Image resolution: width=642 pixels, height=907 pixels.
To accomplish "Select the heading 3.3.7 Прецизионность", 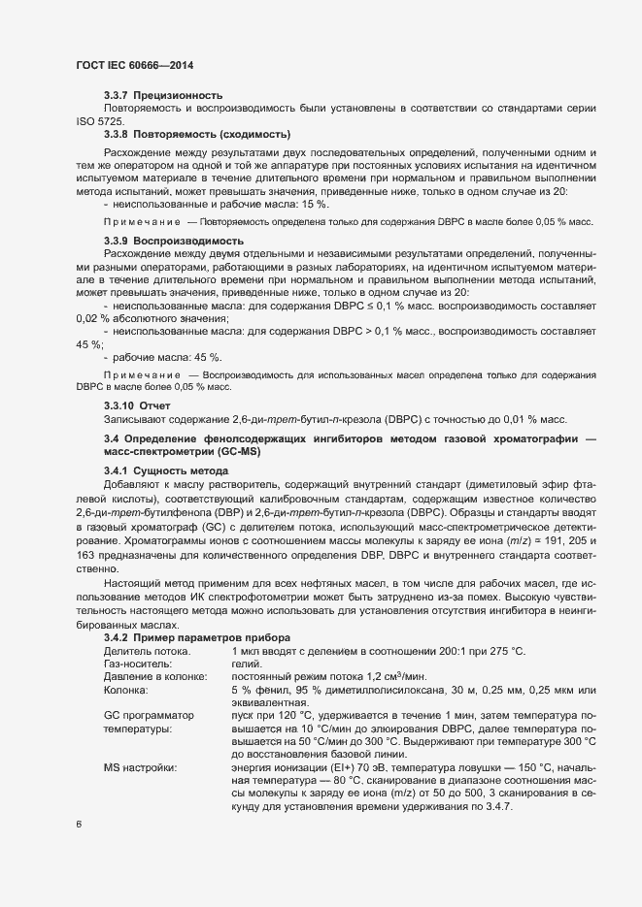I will pos(163,95).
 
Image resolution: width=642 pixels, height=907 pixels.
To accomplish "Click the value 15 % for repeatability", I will pos(316,205).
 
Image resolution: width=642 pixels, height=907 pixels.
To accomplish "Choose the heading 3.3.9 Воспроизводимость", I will pos(173,241).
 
